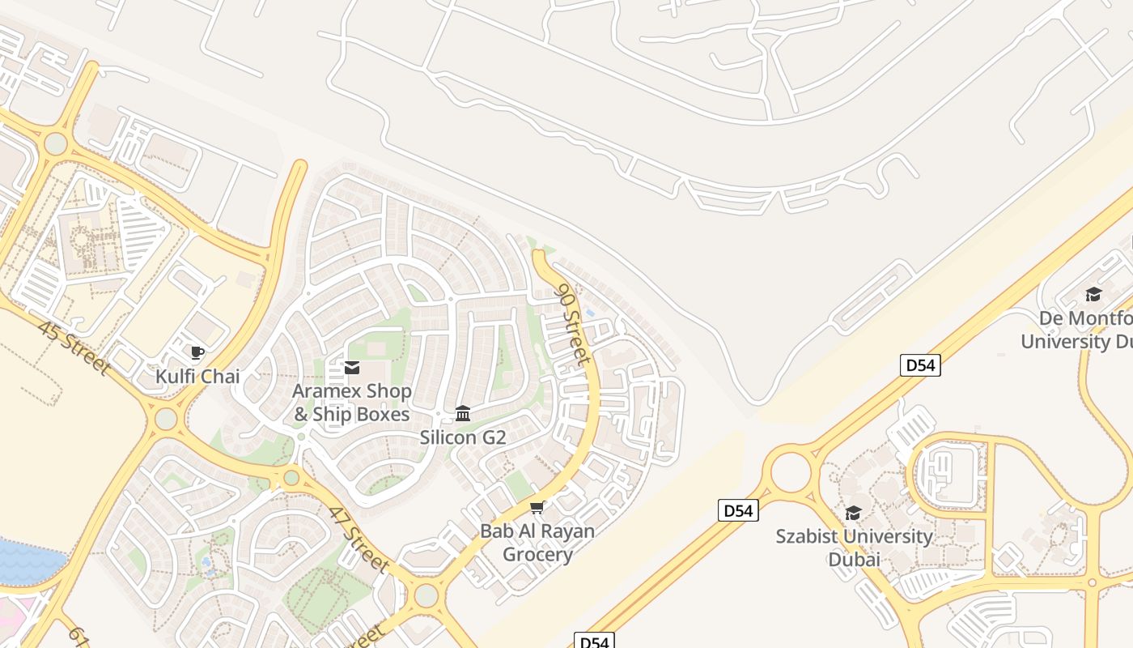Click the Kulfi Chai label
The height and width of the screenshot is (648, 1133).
(x=197, y=376)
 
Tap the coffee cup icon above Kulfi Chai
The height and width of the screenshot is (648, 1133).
(x=197, y=352)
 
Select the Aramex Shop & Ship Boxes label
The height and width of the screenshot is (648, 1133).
(x=351, y=403)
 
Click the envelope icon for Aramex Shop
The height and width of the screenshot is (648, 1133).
(x=352, y=368)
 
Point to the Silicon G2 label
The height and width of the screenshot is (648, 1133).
(x=462, y=437)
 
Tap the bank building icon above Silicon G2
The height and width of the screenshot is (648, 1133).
(x=463, y=414)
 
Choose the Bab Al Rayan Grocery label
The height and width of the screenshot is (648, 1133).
(x=537, y=543)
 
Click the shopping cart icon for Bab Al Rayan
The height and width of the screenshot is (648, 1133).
(x=537, y=508)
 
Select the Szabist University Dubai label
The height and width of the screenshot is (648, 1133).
(x=854, y=548)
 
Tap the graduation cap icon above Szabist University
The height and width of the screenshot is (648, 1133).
(x=853, y=513)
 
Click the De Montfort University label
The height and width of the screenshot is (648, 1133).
(x=1076, y=329)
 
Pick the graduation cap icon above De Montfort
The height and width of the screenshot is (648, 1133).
(x=1093, y=294)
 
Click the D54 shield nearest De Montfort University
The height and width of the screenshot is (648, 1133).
(x=920, y=365)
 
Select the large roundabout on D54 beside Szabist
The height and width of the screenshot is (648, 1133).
(x=790, y=472)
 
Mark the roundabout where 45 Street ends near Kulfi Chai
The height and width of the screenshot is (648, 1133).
(x=166, y=419)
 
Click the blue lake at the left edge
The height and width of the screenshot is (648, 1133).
(x=28, y=561)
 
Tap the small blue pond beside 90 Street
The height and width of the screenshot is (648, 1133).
(x=590, y=313)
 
